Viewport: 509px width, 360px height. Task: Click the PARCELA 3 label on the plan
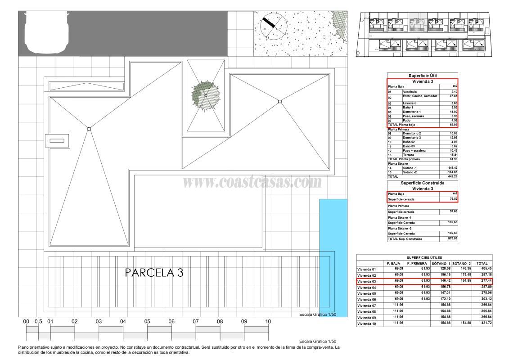[154, 273]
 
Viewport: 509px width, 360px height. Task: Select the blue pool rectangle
[333, 257]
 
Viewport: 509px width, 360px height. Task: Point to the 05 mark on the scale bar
[147, 321]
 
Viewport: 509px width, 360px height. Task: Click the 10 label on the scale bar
[268, 321]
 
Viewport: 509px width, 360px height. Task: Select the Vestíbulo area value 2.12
[453, 92]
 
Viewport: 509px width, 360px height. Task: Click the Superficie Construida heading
[422, 184]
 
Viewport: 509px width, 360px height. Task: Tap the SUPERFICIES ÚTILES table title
[424, 258]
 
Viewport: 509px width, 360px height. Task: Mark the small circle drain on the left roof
[89, 129]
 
